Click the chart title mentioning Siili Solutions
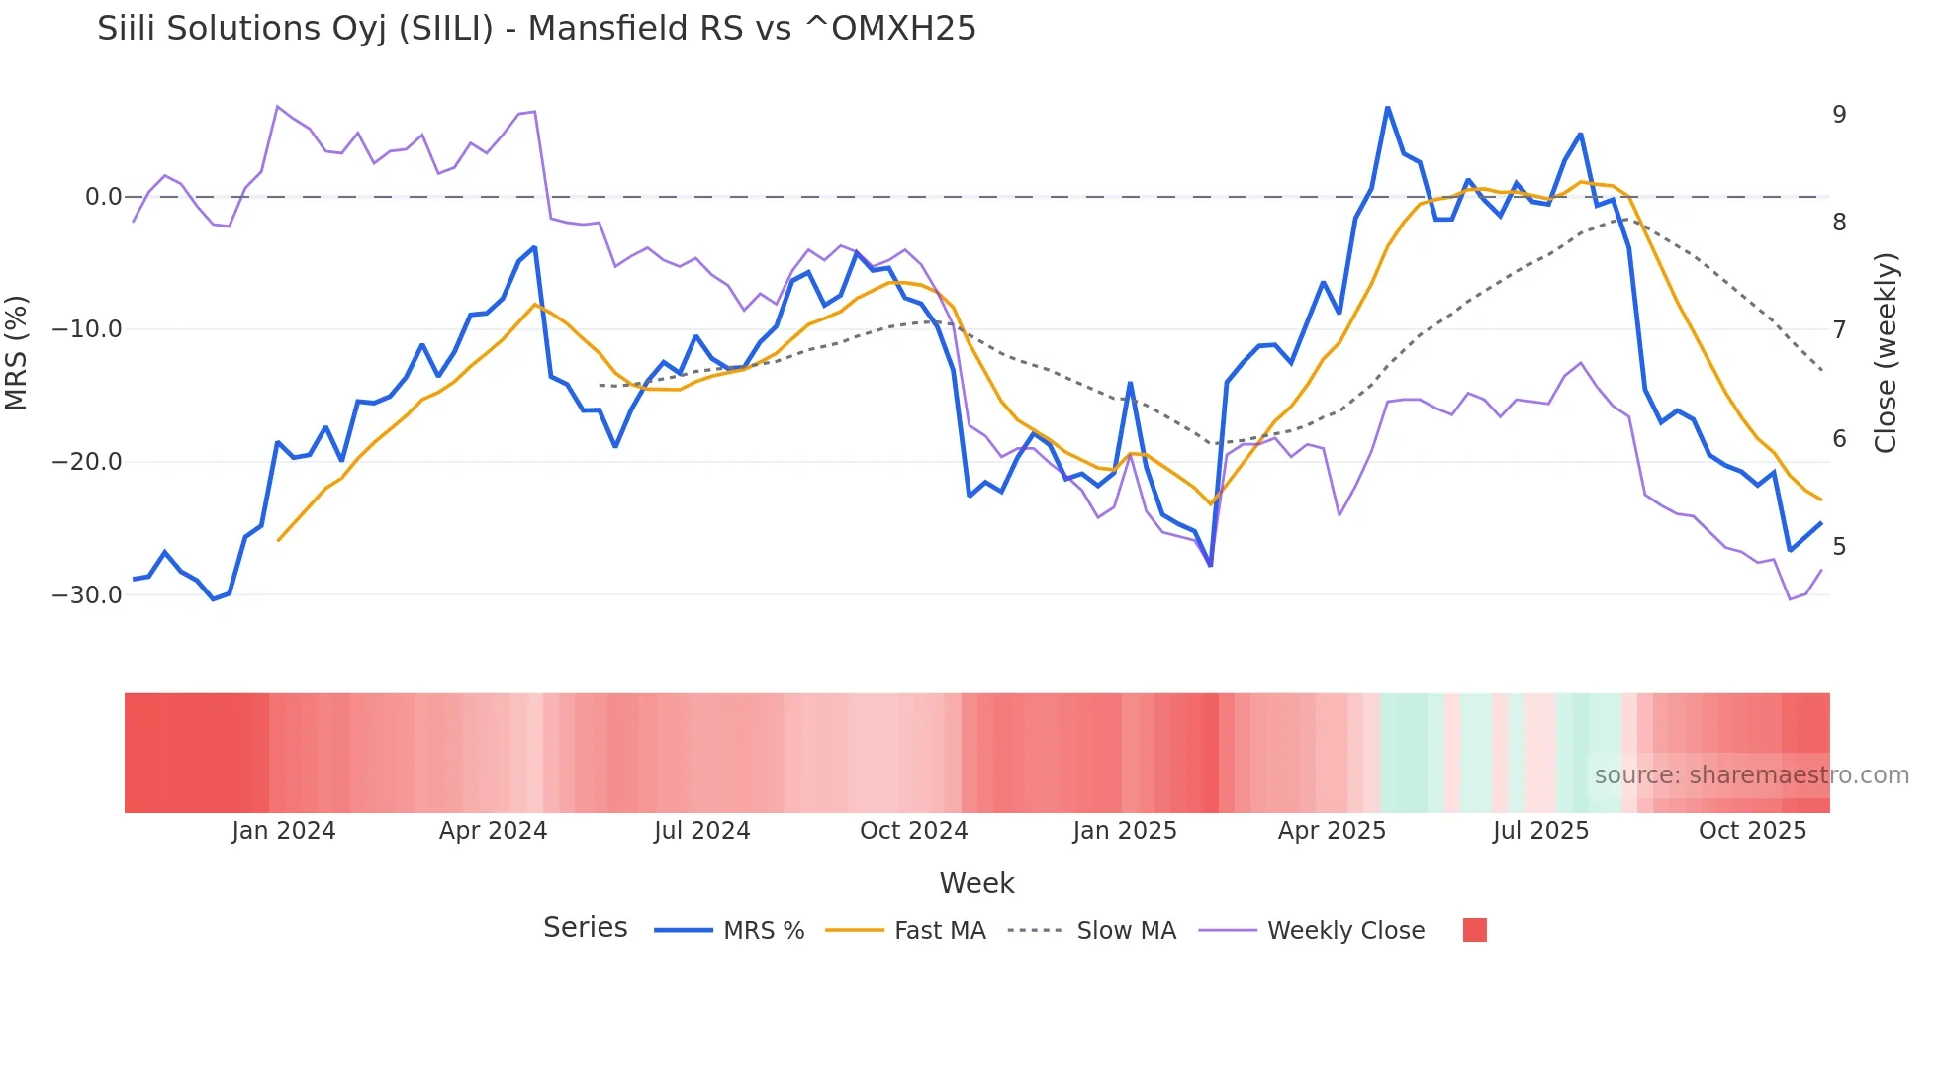[x=536, y=29]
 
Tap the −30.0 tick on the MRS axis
[x=87, y=595]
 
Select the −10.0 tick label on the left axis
[x=87, y=329]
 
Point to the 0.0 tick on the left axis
[x=103, y=197]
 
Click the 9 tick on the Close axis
[x=1839, y=115]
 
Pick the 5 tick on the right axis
[x=1839, y=547]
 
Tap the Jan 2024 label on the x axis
[x=284, y=831]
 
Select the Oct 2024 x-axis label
[x=913, y=831]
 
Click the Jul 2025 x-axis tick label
[x=1540, y=831]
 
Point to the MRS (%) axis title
[x=17, y=352]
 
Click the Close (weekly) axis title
[x=1886, y=353]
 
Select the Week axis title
[x=976, y=883]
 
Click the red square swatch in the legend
[x=1475, y=930]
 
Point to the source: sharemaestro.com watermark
[x=1751, y=775]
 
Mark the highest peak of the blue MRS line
[x=1387, y=107]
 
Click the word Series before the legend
[x=585, y=928]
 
